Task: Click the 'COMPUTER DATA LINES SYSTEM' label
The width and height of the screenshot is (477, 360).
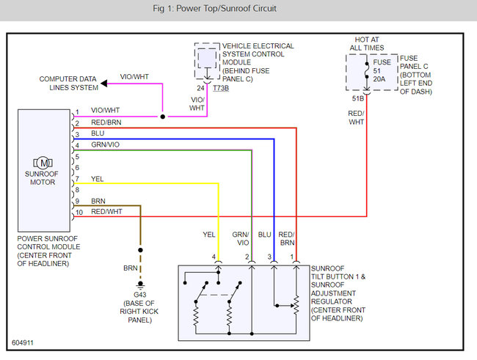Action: pyautogui.click(x=68, y=83)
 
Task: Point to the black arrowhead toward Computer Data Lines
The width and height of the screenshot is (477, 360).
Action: pyautogui.click(x=105, y=84)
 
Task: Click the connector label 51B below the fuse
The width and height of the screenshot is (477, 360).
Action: pyautogui.click(x=357, y=98)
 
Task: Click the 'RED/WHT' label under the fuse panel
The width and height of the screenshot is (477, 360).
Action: pyautogui.click(x=357, y=117)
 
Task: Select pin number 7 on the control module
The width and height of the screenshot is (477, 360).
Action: pyautogui.click(x=76, y=179)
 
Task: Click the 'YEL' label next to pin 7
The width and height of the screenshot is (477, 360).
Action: pyautogui.click(x=97, y=178)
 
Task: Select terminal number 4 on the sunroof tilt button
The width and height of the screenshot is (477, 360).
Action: pyautogui.click(x=214, y=257)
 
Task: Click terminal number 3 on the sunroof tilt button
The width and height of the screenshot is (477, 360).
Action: pyautogui.click(x=269, y=257)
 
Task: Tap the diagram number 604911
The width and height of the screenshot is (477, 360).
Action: pyautogui.click(x=23, y=342)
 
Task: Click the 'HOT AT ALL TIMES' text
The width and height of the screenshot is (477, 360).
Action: pyautogui.click(x=366, y=44)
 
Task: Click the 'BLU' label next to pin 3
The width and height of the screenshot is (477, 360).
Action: pyautogui.click(x=98, y=134)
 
